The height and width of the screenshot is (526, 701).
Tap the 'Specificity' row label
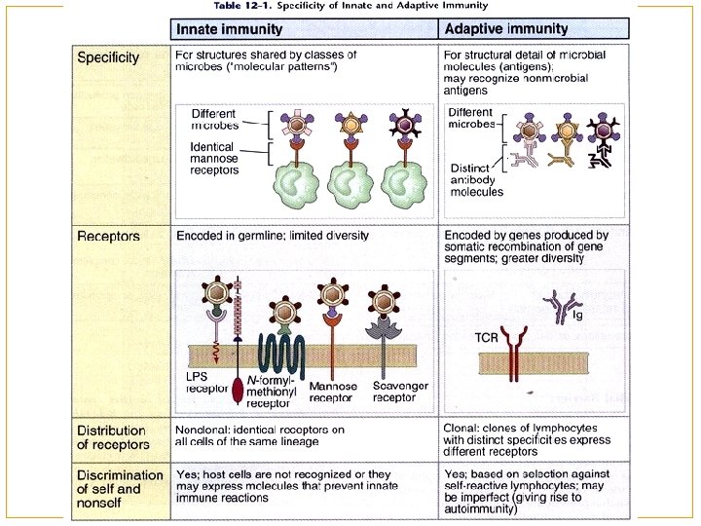pos(108,57)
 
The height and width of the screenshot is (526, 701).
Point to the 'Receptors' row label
pos(108,236)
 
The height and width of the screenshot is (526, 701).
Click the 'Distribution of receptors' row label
pos(111,435)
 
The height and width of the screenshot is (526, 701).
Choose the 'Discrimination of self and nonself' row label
pos(115,488)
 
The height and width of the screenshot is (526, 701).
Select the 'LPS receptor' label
pos(207,382)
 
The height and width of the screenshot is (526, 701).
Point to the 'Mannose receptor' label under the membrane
pos(333,392)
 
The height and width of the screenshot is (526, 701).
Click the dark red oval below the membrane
pos(239,389)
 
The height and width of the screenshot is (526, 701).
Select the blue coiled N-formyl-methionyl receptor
pos(279,348)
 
